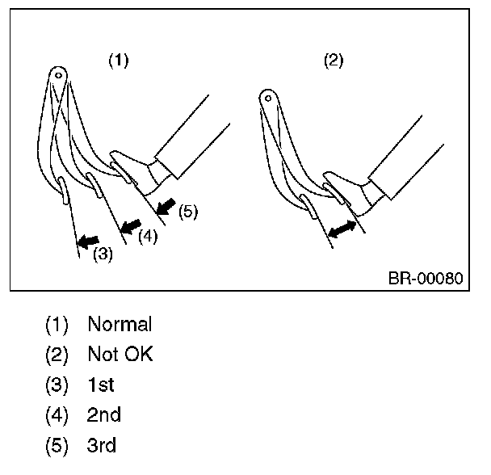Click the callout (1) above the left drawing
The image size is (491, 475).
click(119, 60)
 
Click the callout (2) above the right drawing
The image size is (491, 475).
click(334, 60)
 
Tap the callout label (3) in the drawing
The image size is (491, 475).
click(103, 254)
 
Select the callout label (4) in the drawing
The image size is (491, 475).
click(148, 236)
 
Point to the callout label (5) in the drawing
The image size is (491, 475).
click(188, 212)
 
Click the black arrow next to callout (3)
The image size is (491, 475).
click(88, 242)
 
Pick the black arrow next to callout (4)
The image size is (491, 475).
click(131, 226)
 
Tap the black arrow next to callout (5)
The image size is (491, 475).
click(166, 207)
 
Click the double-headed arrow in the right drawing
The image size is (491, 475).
click(342, 229)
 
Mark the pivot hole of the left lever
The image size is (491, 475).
click(58, 75)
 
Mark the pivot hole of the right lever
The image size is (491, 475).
click(268, 99)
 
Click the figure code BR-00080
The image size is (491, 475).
click(426, 278)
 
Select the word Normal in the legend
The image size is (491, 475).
click(120, 324)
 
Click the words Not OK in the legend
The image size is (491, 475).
click(120, 354)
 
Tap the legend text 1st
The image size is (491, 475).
click(101, 385)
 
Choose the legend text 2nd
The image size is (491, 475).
click(103, 415)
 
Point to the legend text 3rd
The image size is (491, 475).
click(102, 445)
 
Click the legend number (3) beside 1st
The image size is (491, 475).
click(57, 385)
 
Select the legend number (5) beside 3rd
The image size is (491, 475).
click(57, 445)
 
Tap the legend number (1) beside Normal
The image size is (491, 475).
click(57, 325)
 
